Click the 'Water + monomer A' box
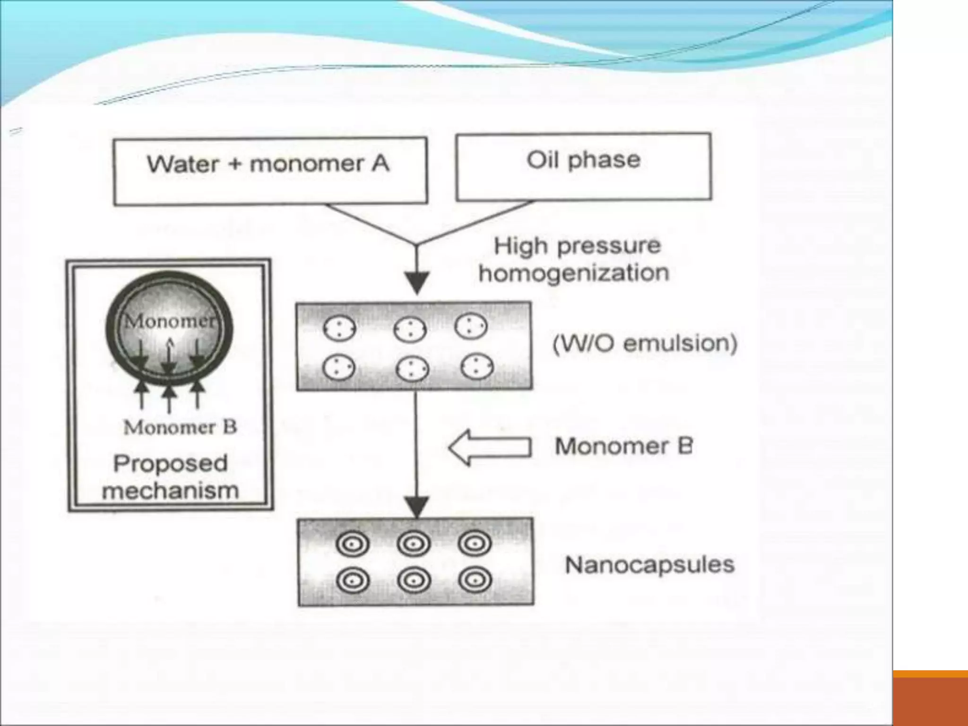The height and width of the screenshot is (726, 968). pyautogui.click(x=270, y=171)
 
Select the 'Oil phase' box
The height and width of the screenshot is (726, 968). pyautogui.click(x=583, y=166)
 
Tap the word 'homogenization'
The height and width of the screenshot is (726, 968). pyautogui.click(x=574, y=273)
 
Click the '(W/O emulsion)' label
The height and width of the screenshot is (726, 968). pyautogui.click(x=645, y=344)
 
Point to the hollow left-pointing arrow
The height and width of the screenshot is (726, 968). pyautogui.click(x=490, y=447)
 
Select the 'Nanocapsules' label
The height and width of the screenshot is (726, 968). pyautogui.click(x=650, y=565)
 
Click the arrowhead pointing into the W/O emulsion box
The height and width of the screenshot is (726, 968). pyautogui.click(x=416, y=282)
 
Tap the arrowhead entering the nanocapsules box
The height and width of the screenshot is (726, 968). pyautogui.click(x=416, y=506)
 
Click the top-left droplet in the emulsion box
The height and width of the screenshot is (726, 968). pyautogui.click(x=339, y=328)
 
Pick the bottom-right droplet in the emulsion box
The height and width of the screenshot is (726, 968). pyautogui.click(x=477, y=367)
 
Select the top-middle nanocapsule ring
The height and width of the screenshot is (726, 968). pyautogui.click(x=414, y=544)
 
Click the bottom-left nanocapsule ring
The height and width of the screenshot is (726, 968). pyautogui.click(x=353, y=580)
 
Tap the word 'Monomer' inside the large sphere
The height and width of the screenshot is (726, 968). pyautogui.click(x=169, y=321)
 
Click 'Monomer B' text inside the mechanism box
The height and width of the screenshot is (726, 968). pyautogui.click(x=180, y=427)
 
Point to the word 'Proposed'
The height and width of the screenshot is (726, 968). pyautogui.click(x=171, y=463)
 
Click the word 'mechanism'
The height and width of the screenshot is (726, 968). pyautogui.click(x=171, y=491)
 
